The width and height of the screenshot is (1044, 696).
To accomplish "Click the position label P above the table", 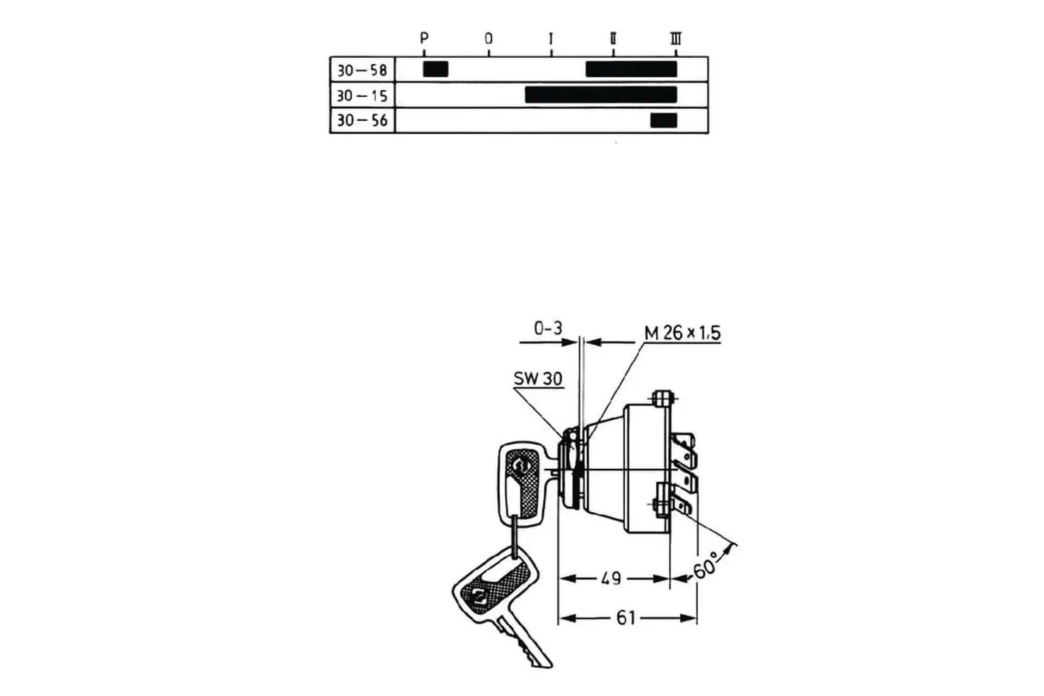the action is pyautogui.click(x=424, y=38).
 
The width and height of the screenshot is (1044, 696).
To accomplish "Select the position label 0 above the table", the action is pyautogui.click(x=488, y=38).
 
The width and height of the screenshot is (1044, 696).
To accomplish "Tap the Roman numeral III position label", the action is pyautogui.click(x=675, y=38).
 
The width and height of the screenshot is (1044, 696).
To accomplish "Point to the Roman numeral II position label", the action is pyautogui.click(x=613, y=38).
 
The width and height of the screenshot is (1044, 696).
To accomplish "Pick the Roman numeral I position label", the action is pyautogui.click(x=551, y=38).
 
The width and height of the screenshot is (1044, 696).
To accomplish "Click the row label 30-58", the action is pyautogui.click(x=362, y=70).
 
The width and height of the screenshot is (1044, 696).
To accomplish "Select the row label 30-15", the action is pyautogui.click(x=362, y=96).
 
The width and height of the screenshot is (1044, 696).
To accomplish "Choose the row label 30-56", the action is pyautogui.click(x=362, y=120).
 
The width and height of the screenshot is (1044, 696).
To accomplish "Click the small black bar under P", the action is pyautogui.click(x=436, y=69).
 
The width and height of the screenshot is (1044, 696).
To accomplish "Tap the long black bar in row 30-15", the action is pyautogui.click(x=601, y=95).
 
